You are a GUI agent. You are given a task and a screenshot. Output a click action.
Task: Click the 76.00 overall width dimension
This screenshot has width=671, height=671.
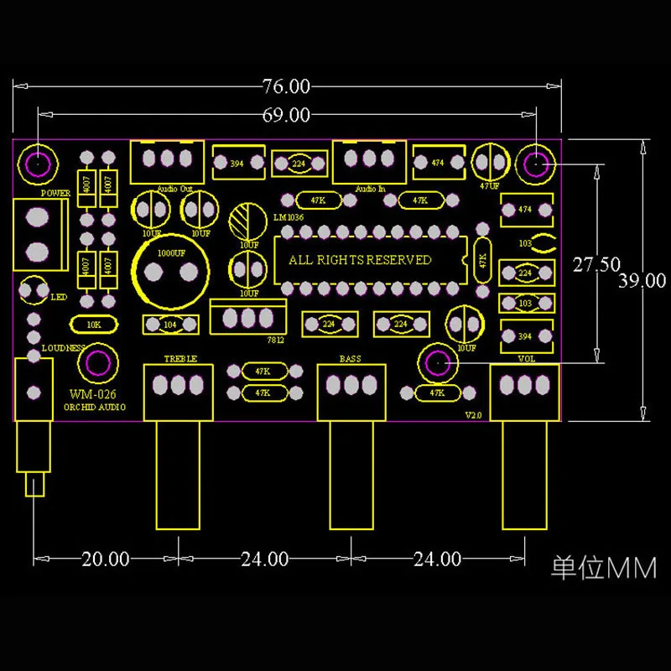(x=286, y=86)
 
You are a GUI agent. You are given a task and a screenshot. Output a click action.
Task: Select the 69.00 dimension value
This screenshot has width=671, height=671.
(x=286, y=116)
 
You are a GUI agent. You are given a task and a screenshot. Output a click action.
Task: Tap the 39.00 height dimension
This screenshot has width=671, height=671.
(x=642, y=281)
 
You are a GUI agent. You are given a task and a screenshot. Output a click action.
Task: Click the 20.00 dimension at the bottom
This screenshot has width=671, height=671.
(x=105, y=559)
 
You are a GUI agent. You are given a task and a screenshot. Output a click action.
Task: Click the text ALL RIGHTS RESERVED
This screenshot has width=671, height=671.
(x=360, y=260)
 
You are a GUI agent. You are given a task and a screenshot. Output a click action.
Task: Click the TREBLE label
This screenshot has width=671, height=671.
(x=180, y=359)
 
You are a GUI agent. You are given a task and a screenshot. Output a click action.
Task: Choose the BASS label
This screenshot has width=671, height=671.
(x=350, y=359)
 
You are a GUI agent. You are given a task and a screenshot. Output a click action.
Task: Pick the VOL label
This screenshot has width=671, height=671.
(x=526, y=359)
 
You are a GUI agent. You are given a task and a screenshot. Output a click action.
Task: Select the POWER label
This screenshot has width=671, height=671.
(x=55, y=193)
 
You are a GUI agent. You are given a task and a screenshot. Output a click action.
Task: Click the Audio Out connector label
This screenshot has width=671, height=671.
(x=175, y=190)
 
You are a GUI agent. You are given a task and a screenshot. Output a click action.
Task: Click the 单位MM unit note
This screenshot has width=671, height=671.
(x=603, y=569)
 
